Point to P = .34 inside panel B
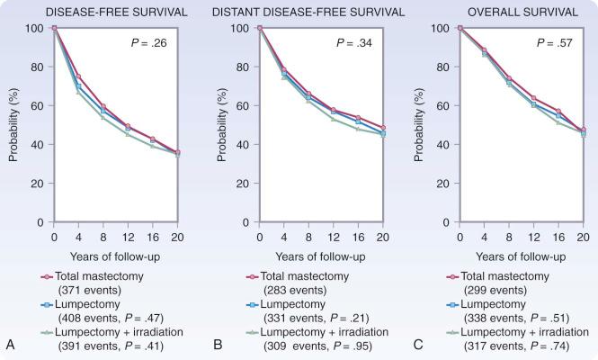pos(357,42)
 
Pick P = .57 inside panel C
pos(557,42)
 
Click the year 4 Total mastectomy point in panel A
pos(79,76)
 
